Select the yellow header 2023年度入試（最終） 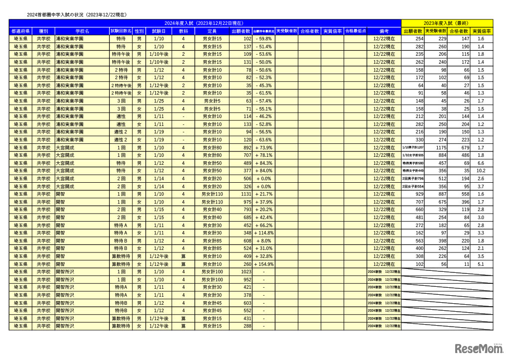447,23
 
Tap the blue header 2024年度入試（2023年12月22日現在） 205,23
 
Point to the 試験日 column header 158,31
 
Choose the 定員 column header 212,31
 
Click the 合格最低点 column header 355,31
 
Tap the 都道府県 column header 20,31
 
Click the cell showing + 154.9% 264,264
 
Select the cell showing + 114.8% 264,233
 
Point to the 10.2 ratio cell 481,171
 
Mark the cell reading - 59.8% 263,39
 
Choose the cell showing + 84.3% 264,163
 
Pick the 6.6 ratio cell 481,163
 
